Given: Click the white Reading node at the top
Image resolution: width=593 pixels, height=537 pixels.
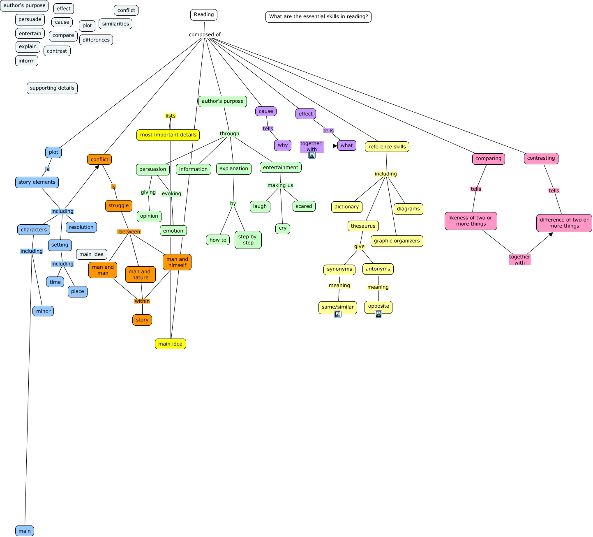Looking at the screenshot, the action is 204,14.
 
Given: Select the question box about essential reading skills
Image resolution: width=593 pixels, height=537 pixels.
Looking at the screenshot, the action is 318,16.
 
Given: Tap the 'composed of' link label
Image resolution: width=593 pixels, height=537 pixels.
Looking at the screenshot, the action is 205,35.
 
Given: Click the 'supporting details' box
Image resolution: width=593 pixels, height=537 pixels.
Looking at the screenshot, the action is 52,88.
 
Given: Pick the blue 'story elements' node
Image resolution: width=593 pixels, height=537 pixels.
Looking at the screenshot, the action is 37,182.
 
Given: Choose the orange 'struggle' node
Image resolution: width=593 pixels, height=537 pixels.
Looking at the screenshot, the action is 118,206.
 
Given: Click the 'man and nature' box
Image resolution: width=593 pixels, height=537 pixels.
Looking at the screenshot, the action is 141,274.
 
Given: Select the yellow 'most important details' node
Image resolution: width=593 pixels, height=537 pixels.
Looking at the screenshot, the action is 168,135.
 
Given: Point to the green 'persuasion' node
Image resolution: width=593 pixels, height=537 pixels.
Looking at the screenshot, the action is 153,169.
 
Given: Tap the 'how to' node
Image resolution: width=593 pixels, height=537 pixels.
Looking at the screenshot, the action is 218,240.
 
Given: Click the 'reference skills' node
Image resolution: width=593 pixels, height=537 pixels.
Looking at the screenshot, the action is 387,147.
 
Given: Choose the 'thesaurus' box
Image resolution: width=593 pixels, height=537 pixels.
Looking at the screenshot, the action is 363,226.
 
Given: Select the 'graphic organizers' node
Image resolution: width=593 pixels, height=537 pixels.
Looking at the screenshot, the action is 397,241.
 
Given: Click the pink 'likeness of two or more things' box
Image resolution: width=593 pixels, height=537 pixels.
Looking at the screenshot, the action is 471,221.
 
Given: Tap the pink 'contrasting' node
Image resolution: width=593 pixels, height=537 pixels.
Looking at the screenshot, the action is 541,159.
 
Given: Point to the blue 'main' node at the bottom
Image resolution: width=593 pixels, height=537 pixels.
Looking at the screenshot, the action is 25,531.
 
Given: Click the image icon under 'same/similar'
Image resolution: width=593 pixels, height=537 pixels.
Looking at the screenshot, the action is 337,314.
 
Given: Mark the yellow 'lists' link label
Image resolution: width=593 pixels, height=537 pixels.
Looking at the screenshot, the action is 170,116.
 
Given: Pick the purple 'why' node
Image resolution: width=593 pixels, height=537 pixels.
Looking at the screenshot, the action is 283,145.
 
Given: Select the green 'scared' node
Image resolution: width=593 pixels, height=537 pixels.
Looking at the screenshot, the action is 304,206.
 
